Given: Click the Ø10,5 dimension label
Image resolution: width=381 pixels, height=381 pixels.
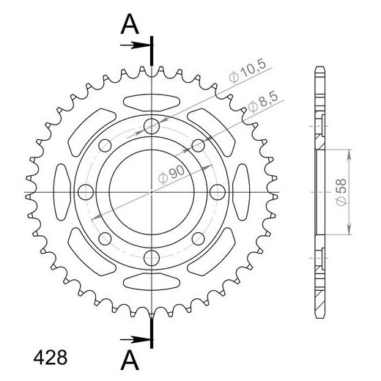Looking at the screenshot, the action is click(x=247, y=70).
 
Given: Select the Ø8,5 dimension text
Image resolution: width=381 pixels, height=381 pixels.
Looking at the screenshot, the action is click(x=263, y=103).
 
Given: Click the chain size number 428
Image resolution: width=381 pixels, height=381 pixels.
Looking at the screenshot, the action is click(x=50, y=358).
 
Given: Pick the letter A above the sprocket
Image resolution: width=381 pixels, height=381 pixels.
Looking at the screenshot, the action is click(x=130, y=24).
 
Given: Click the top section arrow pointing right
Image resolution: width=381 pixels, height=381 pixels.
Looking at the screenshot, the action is click(x=135, y=45).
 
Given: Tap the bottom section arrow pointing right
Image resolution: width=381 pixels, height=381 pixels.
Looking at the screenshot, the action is click(x=135, y=339).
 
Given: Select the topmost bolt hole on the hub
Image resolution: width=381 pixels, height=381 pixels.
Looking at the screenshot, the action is click(x=152, y=126).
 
